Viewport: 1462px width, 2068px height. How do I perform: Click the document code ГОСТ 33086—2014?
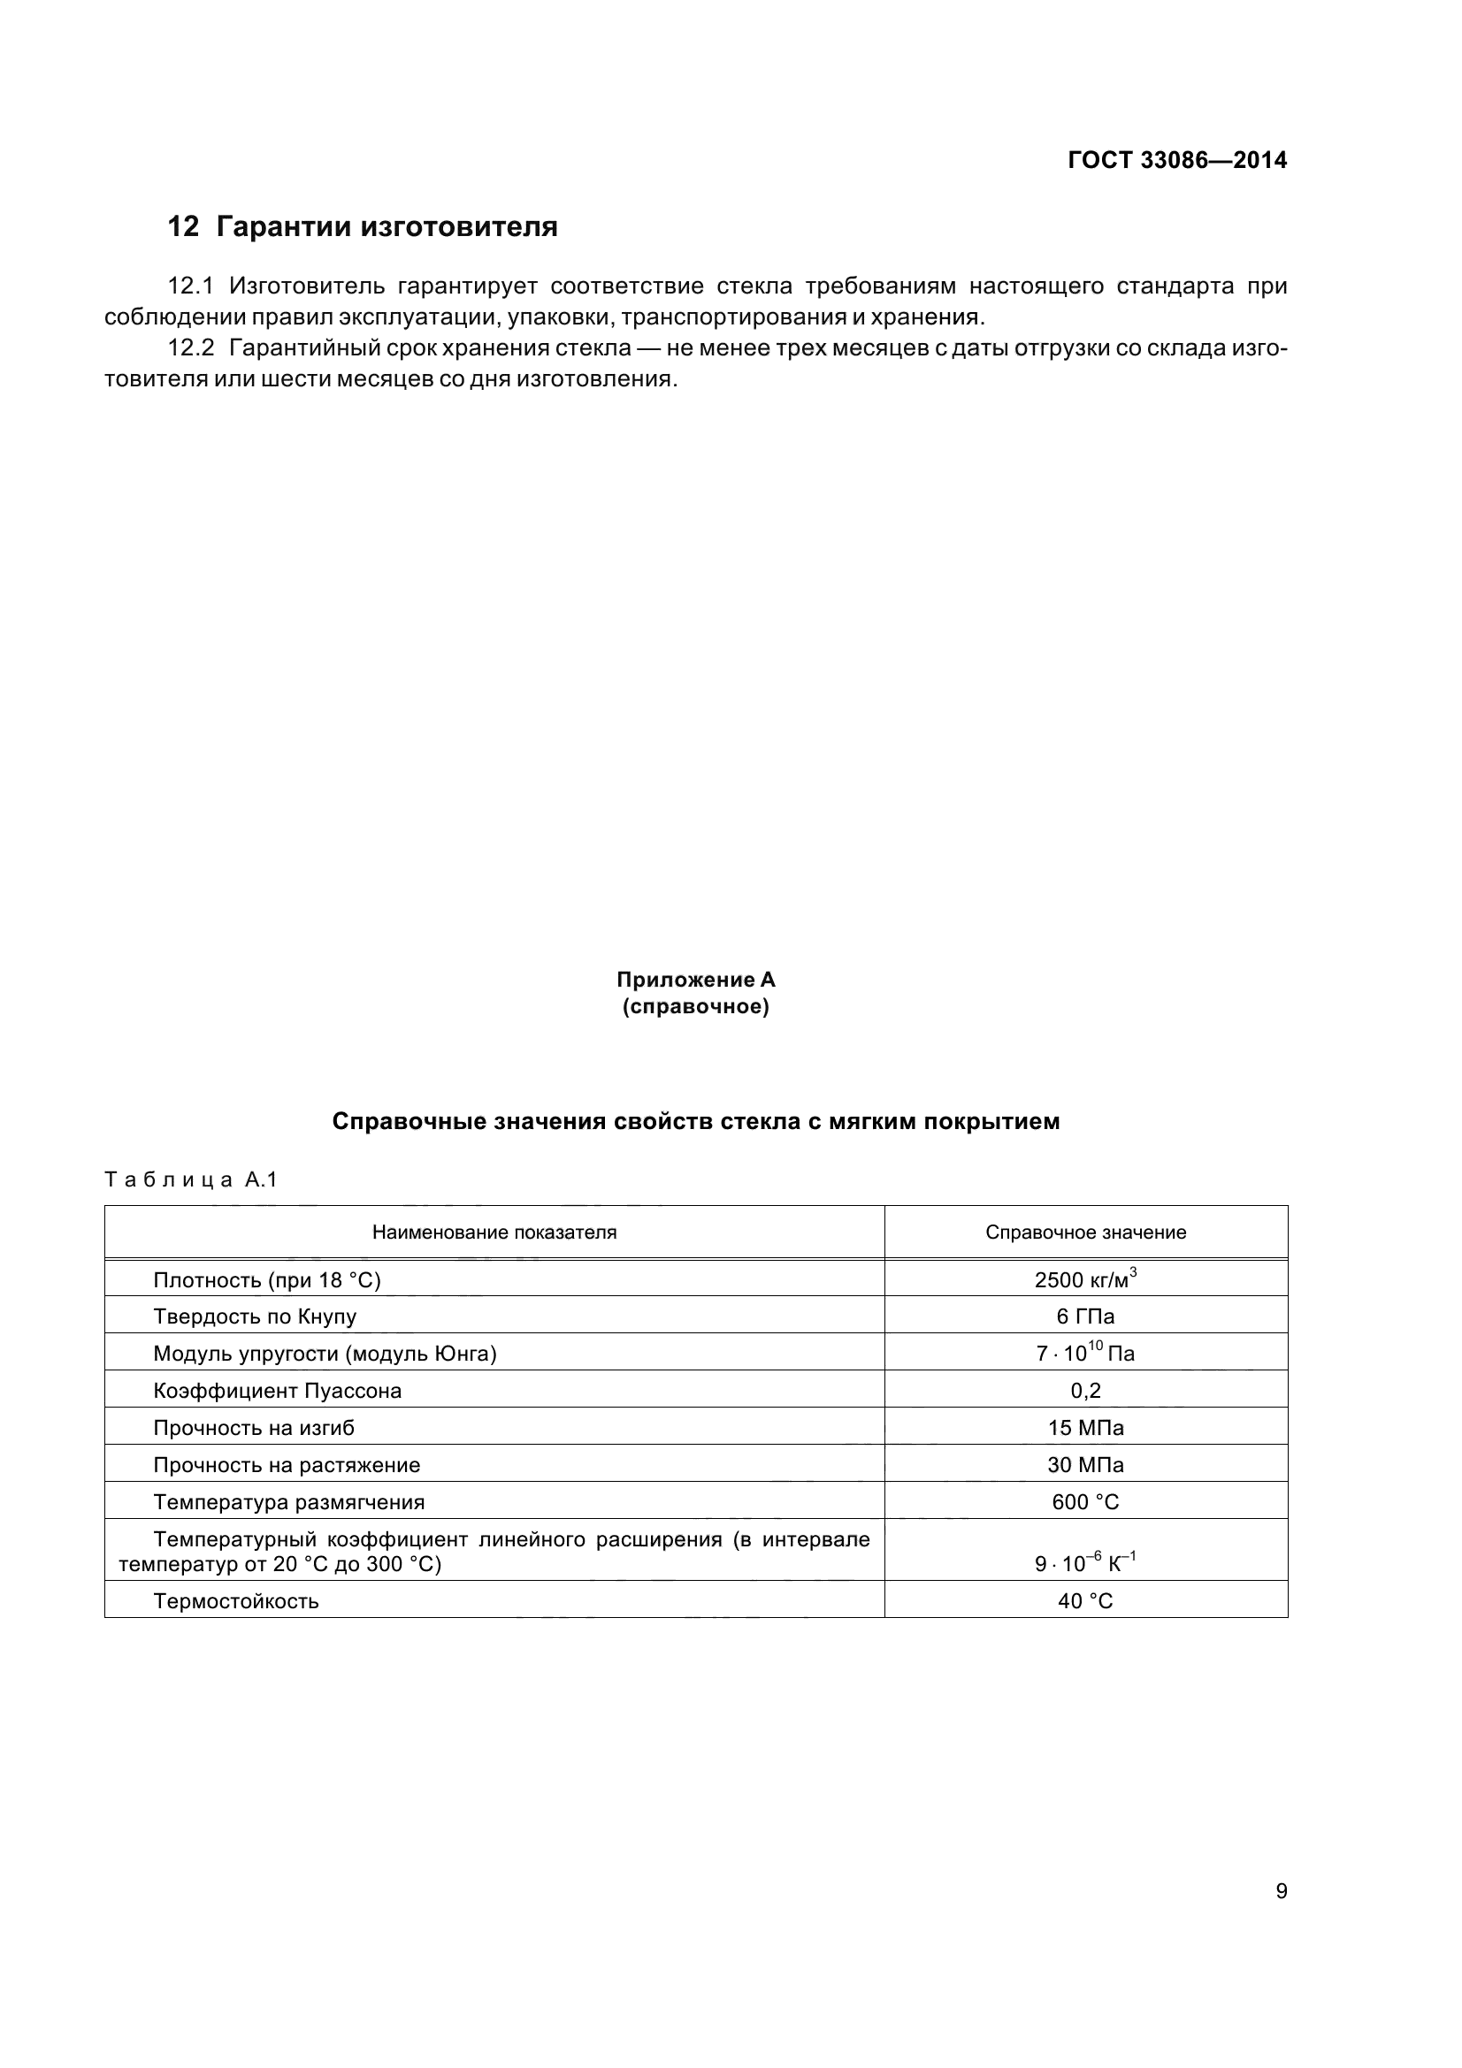tap(1176, 160)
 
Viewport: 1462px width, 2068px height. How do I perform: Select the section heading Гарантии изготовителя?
tap(387, 227)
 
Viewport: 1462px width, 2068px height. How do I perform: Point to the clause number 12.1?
tap(191, 286)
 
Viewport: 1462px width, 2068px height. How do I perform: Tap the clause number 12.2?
tap(191, 347)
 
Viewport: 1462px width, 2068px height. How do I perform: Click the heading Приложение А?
tap(695, 979)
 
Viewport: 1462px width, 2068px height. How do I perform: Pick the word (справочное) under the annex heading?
tap(695, 1006)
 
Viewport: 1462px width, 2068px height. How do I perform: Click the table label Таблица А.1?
tap(191, 1180)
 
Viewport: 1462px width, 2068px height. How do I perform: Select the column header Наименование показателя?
tap(494, 1232)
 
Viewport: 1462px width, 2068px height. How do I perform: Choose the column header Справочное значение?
tap(1085, 1232)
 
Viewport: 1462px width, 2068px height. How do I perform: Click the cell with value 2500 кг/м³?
tap(1084, 1280)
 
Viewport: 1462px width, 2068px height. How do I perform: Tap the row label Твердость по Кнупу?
tap(255, 1316)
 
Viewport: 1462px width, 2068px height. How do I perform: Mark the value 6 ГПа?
tap(1085, 1316)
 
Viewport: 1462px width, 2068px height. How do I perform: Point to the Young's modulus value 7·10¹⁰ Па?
tap(1084, 1354)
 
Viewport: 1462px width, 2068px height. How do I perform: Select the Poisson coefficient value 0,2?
tap(1085, 1391)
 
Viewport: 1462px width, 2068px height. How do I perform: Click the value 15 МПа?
tap(1085, 1428)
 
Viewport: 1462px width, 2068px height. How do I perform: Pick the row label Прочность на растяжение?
tap(287, 1464)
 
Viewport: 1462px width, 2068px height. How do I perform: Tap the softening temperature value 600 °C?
tap(1085, 1501)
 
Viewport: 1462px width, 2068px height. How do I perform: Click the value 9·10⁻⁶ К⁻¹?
tap(1084, 1562)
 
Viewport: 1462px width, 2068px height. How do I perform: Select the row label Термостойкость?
tap(236, 1601)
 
